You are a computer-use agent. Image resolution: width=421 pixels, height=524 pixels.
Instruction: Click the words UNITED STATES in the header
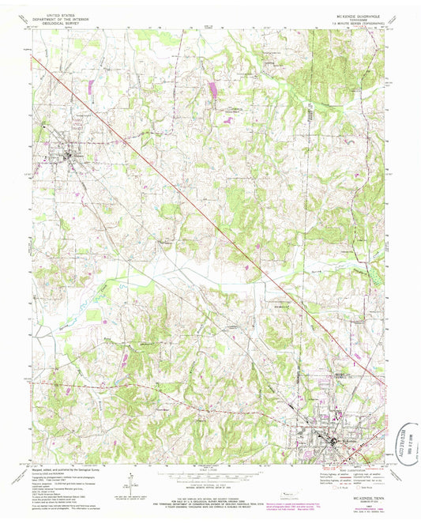tap(59, 14)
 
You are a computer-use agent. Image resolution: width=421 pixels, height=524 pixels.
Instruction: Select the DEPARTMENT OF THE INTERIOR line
tap(59, 18)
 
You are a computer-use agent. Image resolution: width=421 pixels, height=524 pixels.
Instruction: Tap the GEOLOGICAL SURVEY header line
tap(59, 23)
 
